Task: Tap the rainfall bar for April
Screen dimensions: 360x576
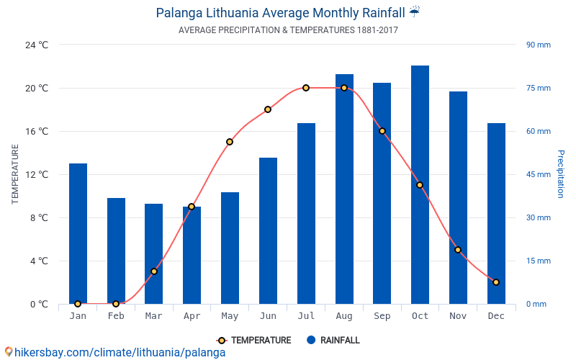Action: [192, 259]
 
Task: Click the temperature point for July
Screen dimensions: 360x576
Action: [306, 88]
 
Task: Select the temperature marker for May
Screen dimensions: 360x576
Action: [230, 142]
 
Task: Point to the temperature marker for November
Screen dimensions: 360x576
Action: [458, 250]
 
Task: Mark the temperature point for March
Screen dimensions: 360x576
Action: [154, 271]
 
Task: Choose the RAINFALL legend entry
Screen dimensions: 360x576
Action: [333, 341]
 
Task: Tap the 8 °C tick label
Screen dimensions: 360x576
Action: [37, 217]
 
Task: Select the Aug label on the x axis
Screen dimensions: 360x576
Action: [344, 316]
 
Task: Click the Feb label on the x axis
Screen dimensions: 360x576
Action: [116, 316]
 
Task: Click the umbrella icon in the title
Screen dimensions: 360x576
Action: [415, 12]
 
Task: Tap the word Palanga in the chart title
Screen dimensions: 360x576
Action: [181, 13]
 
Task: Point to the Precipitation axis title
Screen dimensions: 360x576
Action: [561, 174]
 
